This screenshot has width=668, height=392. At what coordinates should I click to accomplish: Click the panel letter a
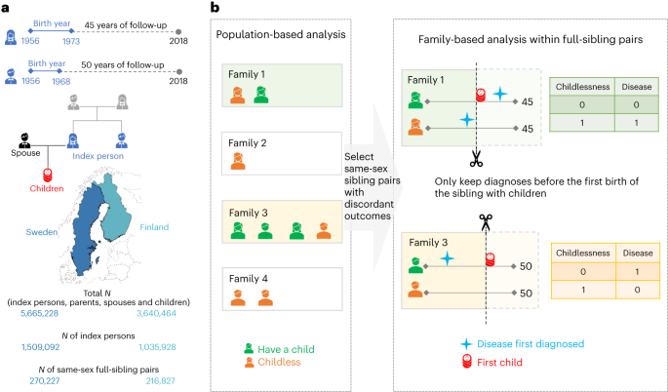pos(7,8)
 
